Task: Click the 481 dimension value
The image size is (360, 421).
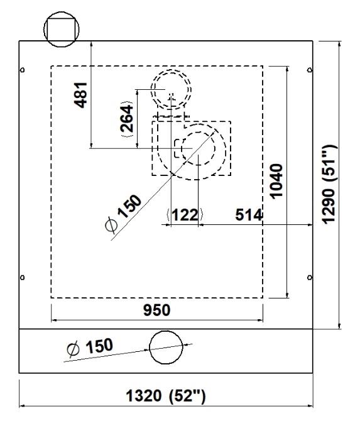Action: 81,95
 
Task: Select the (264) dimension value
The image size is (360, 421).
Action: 127,119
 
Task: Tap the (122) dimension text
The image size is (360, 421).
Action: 185,215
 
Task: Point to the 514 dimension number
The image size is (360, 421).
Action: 248,214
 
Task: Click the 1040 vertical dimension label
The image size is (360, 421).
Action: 276,181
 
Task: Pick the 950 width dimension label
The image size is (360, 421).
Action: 157,310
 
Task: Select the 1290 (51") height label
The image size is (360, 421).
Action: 329,184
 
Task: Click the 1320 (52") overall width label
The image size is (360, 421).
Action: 166,396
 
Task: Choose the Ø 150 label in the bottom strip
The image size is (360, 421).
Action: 90,347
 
